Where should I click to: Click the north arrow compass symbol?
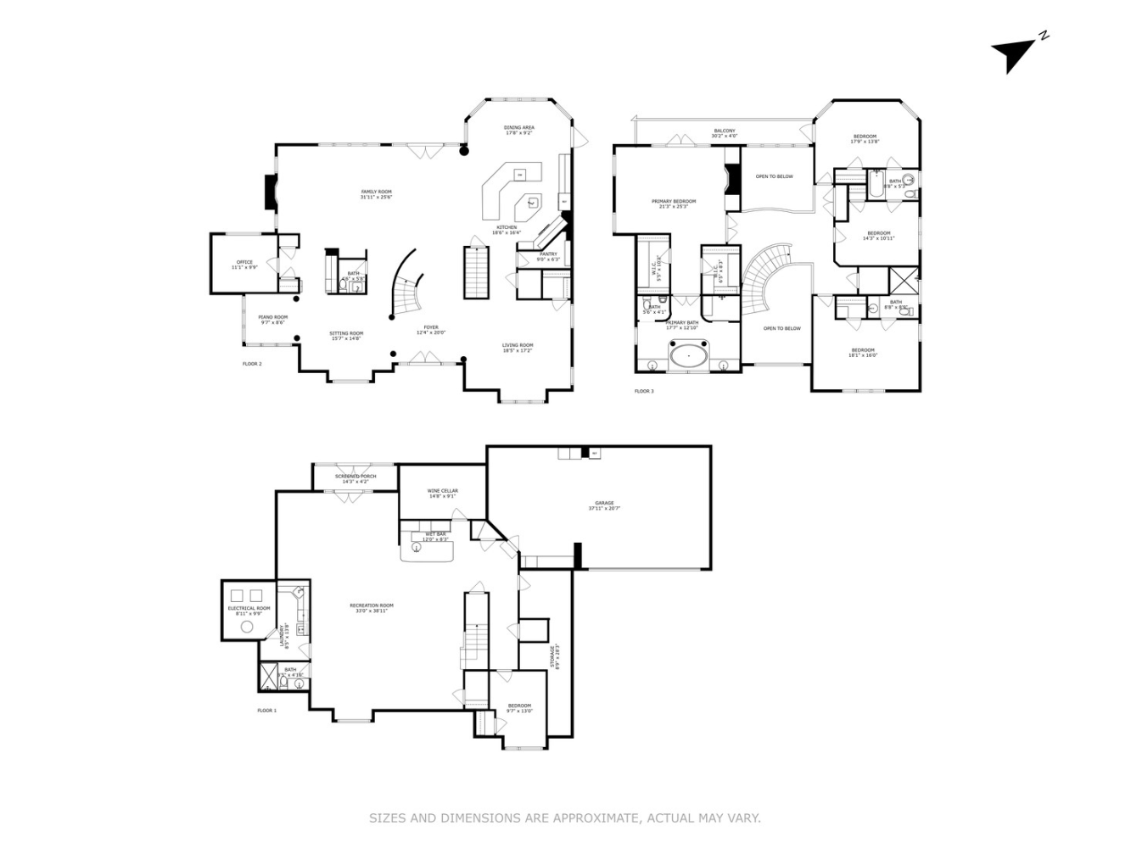[1015, 53]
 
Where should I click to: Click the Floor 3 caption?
[644, 391]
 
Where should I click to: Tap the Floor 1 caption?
[266, 710]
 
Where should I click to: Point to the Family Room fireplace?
[271, 192]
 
